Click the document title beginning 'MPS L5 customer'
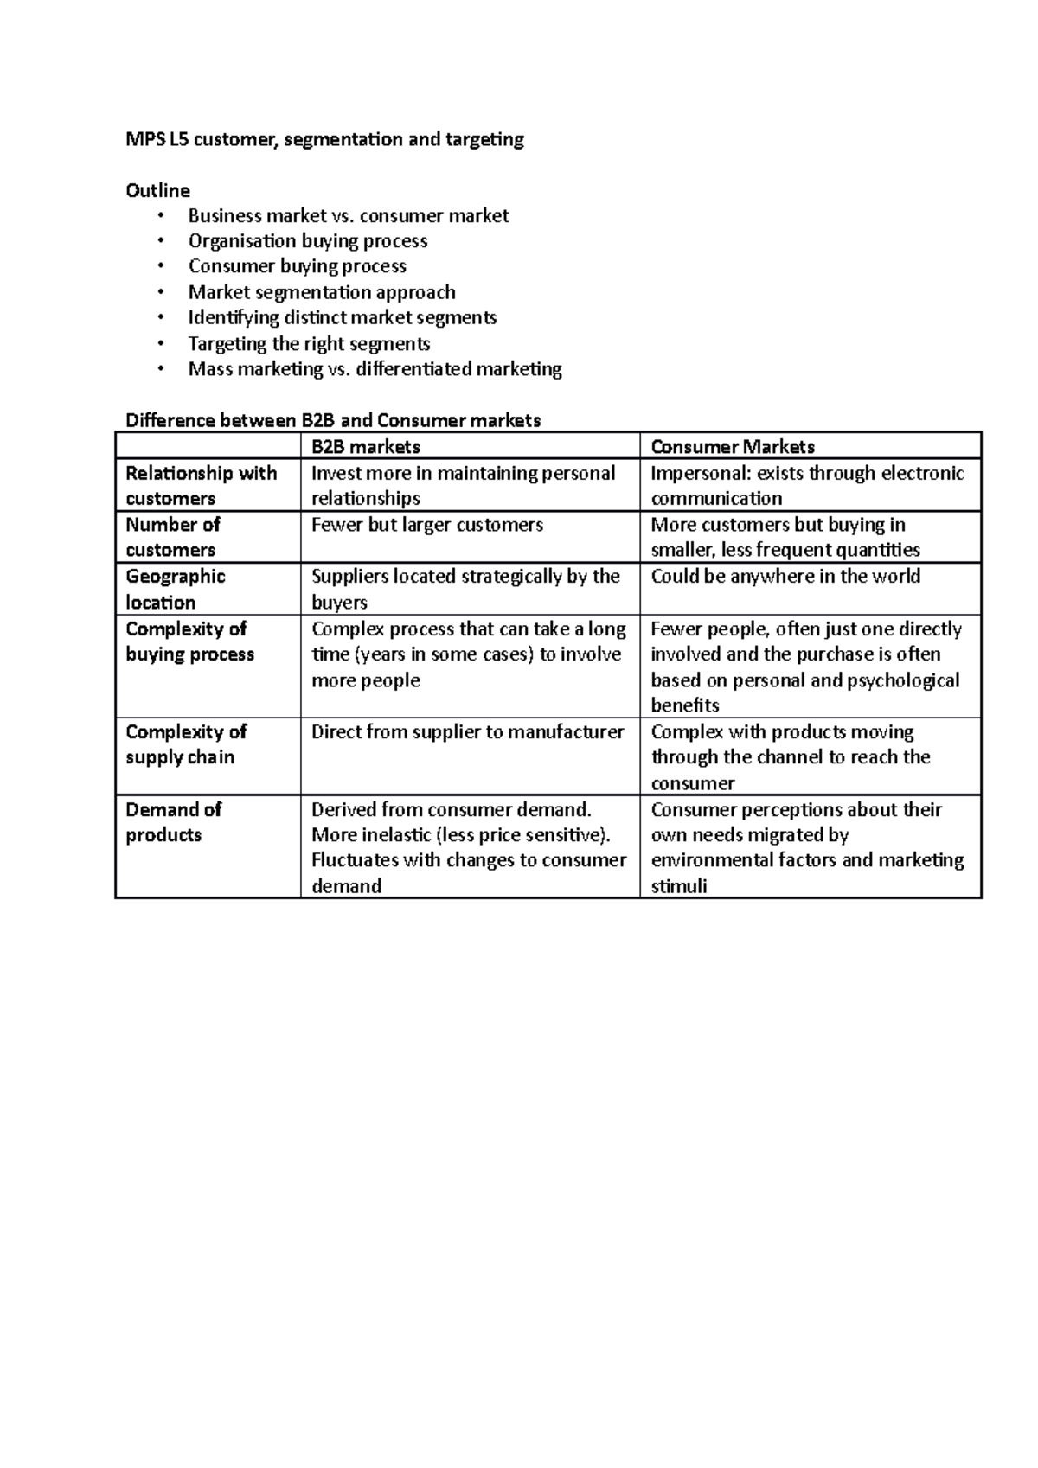pyautogui.click(x=324, y=139)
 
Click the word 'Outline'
pyautogui.click(x=157, y=190)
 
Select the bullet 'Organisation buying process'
pyautogui.click(x=308, y=240)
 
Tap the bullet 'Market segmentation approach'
pyautogui.click(x=322, y=292)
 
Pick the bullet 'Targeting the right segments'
pyautogui.click(x=309, y=343)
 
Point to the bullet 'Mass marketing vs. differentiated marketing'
pyautogui.click(x=375, y=369)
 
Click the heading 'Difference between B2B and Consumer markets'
pyautogui.click(x=333, y=420)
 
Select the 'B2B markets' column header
pyautogui.click(x=365, y=447)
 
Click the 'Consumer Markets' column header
pyautogui.click(x=732, y=447)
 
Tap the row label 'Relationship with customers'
pyautogui.click(x=201, y=485)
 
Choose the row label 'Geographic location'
pyautogui.click(x=175, y=589)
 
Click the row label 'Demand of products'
pyautogui.click(x=173, y=821)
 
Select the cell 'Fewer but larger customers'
pyautogui.click(x=426, y=525)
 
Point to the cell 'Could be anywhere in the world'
pyautogui.click(x=785, y=577)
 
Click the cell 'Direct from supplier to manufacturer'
pyautogui.click(x=467, y=731)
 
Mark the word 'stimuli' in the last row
pyautogui.click(x=678, y=886)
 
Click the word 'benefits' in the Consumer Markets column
pyautogui.click(x=684, y=705)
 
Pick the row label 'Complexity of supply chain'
pyautogui.click(x=186, y=744)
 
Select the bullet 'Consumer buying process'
pyautogui.click(x=297, y=266)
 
